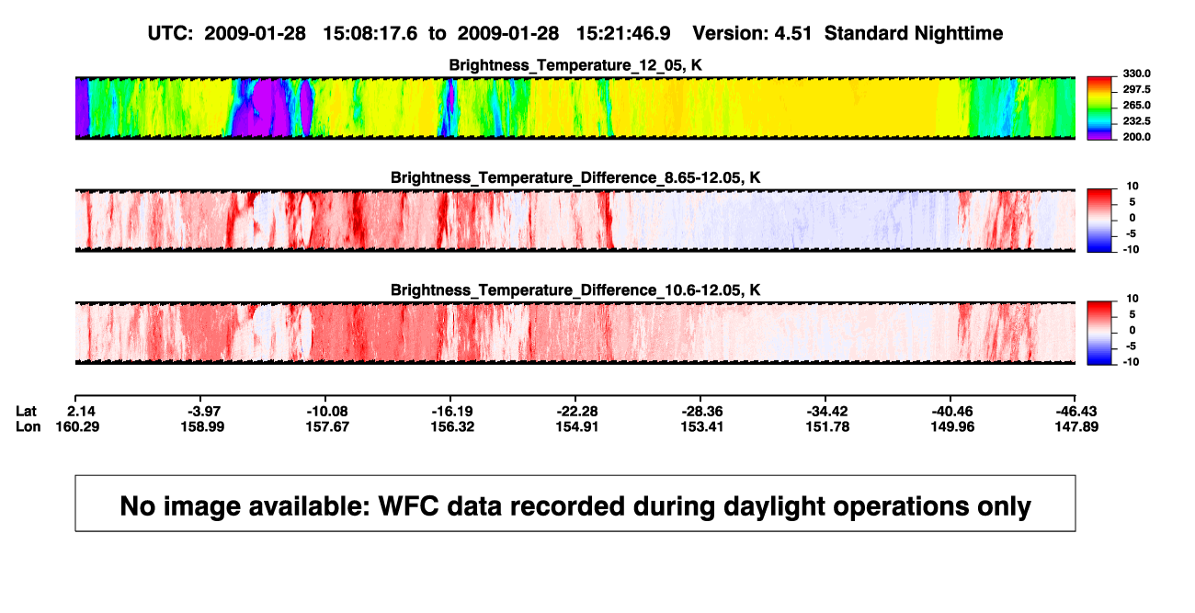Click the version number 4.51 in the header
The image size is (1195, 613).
[792, 34]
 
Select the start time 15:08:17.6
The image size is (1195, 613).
[370, 34]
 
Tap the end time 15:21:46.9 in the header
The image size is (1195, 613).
[623, 34]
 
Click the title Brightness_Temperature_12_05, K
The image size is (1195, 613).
[575, 65]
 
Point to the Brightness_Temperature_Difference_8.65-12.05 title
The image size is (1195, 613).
[575, 177]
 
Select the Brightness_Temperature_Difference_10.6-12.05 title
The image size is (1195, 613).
[575, 290]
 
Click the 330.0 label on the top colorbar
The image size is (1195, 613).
[1136, 74]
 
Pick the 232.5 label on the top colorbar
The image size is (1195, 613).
[1136, 121]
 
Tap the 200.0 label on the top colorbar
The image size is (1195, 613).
[1136, 137]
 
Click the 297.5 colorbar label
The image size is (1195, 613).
[1136, 90]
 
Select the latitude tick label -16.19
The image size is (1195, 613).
[452, 412]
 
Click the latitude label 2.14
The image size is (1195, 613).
[81, 412]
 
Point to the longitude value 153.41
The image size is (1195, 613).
[701, 426]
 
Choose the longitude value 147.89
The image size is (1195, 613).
[1076, 426]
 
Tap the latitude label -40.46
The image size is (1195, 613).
[952, 412]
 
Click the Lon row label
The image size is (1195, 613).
[28, 426]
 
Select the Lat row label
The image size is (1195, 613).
[26, 412]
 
